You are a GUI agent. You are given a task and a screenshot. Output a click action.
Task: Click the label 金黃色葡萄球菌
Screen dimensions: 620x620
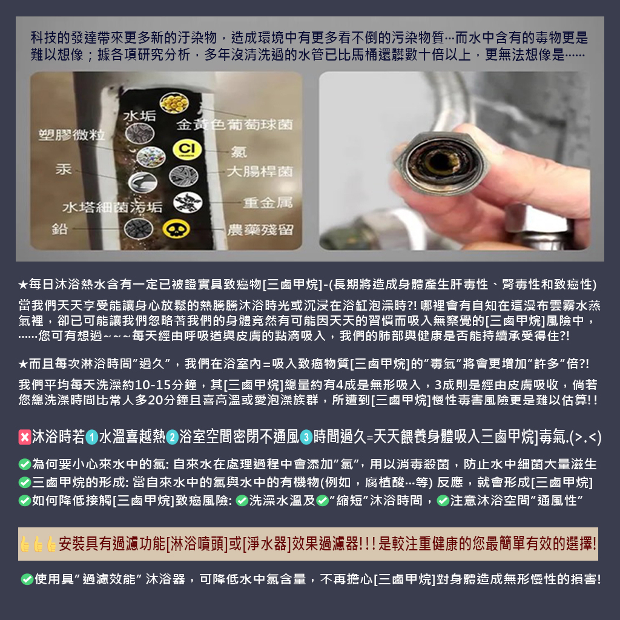pyautogui.click(x=234, y=125)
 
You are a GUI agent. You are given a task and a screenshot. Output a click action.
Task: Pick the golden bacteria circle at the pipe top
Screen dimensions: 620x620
pyautogui.click(x=169, y=103)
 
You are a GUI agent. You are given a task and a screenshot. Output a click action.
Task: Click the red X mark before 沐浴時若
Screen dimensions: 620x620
pyautogui.click(x=25, y=437)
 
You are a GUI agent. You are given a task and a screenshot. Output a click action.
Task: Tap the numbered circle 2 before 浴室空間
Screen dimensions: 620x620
pyautogui.click(x=172, y=437)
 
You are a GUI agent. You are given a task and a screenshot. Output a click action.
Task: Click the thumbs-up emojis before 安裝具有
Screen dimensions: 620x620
pyautogui.click(x=38, y=543)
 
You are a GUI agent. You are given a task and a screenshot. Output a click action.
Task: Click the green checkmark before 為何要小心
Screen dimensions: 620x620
pyautogui.click(x=25, y=465)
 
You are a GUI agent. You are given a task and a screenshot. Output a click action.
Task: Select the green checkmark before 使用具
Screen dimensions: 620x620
pyautogui.click(x=27, y=579)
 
